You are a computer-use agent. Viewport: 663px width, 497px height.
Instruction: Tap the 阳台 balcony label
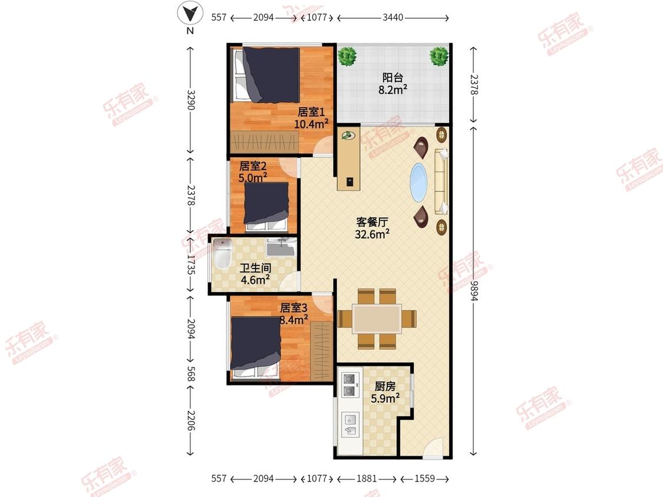393,77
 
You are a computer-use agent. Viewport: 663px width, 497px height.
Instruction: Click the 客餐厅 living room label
372,222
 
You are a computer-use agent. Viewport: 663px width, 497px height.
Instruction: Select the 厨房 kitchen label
385,386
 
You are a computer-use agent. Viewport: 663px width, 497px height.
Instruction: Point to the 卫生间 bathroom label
255,268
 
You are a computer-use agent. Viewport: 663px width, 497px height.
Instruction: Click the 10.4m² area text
312,124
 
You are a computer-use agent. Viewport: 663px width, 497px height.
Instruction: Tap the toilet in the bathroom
222,254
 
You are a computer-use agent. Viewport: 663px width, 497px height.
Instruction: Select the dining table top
377,319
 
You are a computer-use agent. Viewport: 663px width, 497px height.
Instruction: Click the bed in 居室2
266,207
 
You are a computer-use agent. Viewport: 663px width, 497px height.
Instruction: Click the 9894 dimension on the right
474,291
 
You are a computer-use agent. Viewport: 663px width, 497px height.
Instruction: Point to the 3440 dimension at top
393,17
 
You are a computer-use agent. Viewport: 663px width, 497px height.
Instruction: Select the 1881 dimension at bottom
366,478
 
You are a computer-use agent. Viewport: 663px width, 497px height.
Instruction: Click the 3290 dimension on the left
191,100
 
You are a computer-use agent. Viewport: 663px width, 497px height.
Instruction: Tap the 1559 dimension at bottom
424,478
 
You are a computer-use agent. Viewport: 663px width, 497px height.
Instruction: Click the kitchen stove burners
349,385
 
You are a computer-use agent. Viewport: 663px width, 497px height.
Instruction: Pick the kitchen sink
350,425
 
